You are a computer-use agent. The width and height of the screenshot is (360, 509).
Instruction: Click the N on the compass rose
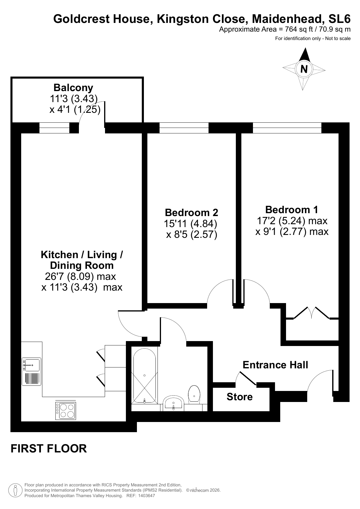click(x=304, y=69)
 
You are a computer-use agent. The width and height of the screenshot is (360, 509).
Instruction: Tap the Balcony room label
click(x=73, y=88)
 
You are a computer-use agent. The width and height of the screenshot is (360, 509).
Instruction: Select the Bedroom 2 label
click(x=191, y=213)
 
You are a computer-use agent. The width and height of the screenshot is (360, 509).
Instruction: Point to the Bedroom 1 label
click(x=292, y=209)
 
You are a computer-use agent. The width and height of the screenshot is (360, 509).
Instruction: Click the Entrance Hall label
click(x=275, y=365)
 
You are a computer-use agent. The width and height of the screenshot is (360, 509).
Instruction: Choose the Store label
click(x=240, y=397)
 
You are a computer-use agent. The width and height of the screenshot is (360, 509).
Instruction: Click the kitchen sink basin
click(x=32, y=365)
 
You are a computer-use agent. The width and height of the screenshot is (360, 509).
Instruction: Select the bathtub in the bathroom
click(x=144, y=375)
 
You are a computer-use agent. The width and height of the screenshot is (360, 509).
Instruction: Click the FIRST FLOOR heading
click(x=49, y=448)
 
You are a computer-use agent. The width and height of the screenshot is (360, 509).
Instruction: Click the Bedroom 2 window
click(x=184, y=128)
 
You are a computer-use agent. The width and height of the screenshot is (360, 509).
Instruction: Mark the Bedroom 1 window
click(x=287, y=128)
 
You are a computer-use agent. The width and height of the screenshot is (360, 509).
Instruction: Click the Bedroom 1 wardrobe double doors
click(x=312, y=313)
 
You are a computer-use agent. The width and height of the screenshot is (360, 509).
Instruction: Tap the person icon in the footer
click(x=15, y=490)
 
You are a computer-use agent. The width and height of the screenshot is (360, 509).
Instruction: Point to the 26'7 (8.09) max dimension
click(x=80, y=276)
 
